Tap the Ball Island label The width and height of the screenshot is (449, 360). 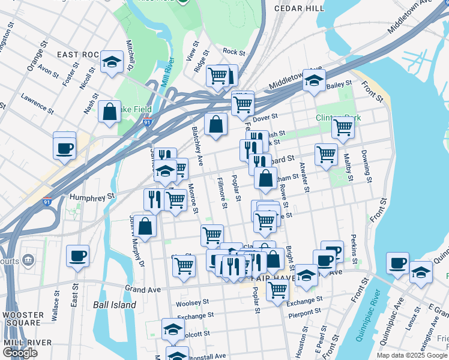[114, 305]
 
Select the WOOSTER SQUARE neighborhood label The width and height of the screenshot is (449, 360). [23, 320]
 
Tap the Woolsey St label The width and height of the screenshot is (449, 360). [193, 302]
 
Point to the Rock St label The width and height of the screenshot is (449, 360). [234, 52]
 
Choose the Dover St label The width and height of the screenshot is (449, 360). [266, 116]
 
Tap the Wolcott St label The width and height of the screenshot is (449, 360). [196, 333]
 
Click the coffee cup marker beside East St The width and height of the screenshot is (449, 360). [77, 256]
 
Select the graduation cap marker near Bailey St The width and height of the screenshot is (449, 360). [313, 80]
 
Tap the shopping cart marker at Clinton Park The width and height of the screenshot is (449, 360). [343, 127]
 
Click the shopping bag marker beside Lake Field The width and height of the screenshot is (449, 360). [110, 112]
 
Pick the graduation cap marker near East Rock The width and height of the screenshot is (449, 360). [112, 62]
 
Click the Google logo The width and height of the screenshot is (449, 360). [20, 353]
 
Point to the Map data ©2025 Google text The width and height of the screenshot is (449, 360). [412, 355]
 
